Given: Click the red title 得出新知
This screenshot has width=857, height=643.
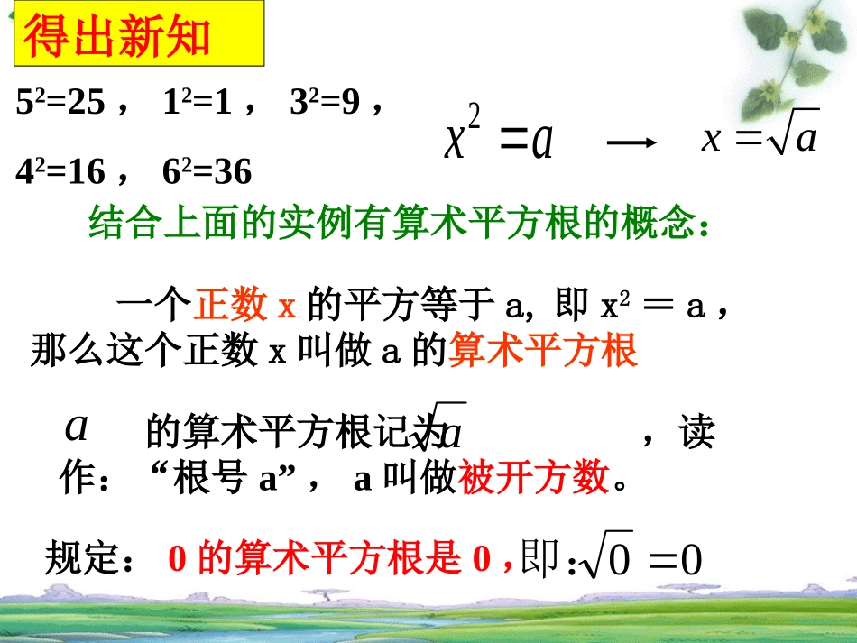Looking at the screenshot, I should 116,38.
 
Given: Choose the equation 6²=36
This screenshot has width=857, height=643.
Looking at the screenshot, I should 207,170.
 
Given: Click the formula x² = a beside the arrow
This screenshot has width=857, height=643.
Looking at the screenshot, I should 498,141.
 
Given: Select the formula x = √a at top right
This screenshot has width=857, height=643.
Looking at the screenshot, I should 760,139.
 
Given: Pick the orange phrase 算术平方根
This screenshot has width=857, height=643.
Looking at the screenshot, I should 543,350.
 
